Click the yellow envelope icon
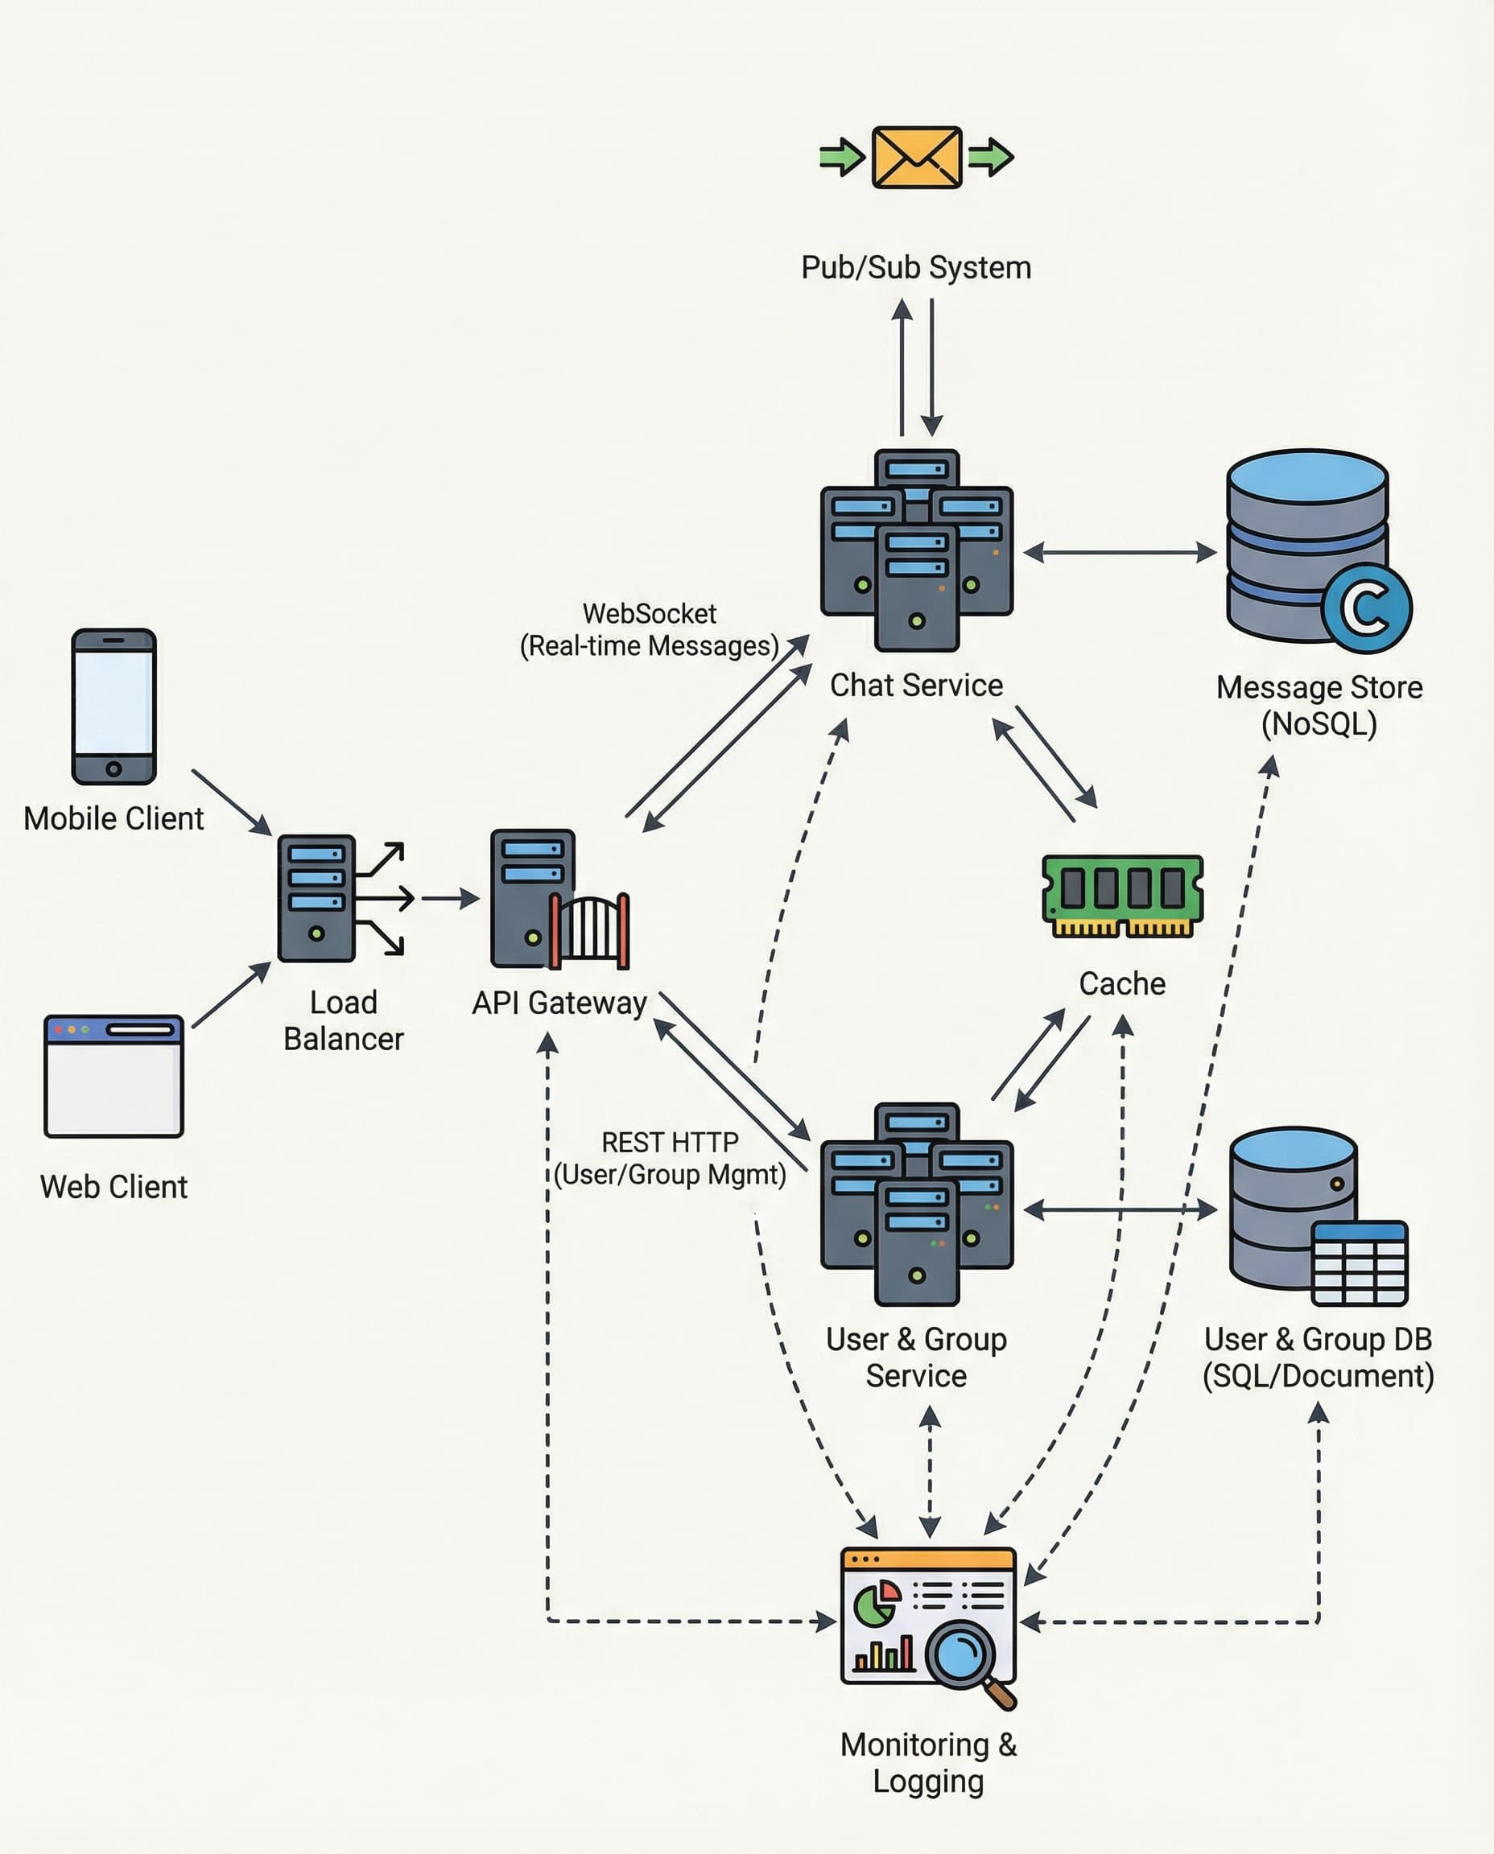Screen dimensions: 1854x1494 pyautogui.click(x=917, y=158)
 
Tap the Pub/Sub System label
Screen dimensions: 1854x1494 pyautogui.click(x=916, y=268)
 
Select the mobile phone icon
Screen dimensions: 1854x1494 pyautogui.click(x=113, y=707)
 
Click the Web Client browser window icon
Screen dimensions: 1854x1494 pyautogui.click(x=113, y=1076)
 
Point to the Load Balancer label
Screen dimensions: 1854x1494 pyautogui.click(x=344, y=1020)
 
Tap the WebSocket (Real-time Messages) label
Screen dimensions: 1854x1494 pyautogui.click(x=649, y=630)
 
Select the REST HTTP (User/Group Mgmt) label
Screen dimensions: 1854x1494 pyautogui.click(x=670, y=1158)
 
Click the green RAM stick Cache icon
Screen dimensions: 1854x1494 pyautogui.click(x=1122, y=896)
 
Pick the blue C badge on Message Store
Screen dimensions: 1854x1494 pyautogui.click(x=1367, y=608)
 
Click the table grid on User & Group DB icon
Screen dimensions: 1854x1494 pyautogui.click(x=1360, y=1263)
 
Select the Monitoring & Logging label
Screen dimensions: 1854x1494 pyautogui.click(x=928, y=1763)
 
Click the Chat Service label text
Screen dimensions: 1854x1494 pyautogui.click(x=916, y=686)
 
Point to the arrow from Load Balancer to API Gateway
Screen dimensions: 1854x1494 pyautogui.click(x=450, y=898)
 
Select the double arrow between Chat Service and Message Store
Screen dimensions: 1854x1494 pyautogui.click(x=1120, y=552)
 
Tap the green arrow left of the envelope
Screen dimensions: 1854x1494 pyautogui.click(x=842, y=158)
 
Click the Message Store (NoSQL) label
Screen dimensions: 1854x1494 pyautogui.click(x=1319, y=706)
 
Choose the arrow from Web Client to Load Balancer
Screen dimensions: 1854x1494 pyautogui.click(x=231, y=995)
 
